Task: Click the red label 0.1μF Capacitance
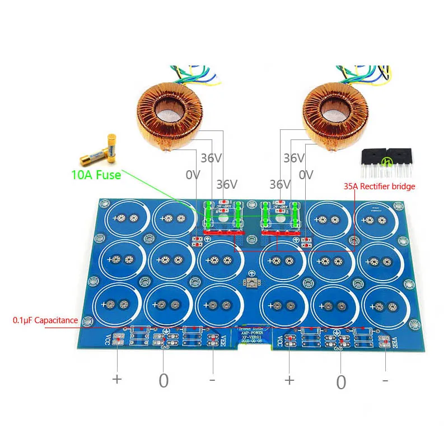(45, 320)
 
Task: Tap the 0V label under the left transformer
(193, 175)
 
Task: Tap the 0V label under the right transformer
(306, 175)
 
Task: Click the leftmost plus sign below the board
(116, 379)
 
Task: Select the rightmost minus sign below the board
(385, 380)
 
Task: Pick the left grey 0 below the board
(164, 381)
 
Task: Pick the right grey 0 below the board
(341, 382)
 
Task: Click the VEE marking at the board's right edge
(394, 341)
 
